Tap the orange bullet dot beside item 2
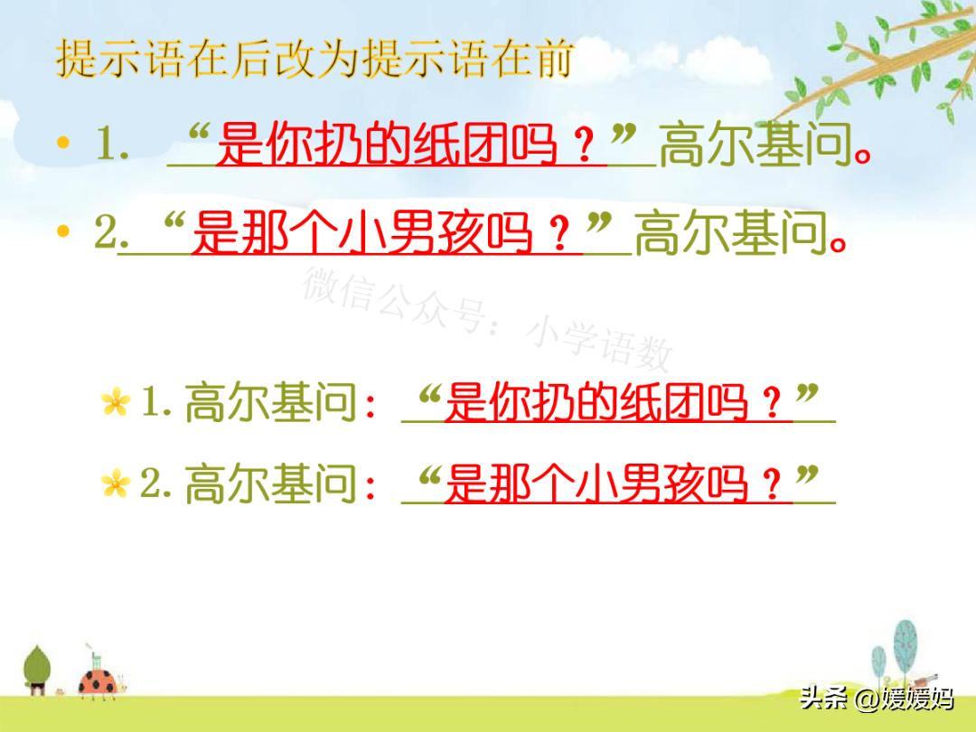click(x=62, y=232)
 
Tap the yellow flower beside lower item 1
click(x=116, y=403)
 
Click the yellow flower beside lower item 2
click(x=116, y=485)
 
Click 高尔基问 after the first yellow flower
click(x=271, y=403)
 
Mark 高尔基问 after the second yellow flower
click(x=271, y=485)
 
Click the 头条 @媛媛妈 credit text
click(x=877, y=698)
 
